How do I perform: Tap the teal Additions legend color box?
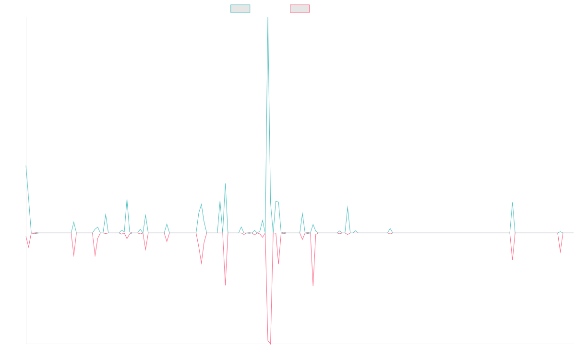pos(240,9)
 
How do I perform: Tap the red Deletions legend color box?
pos(300,9)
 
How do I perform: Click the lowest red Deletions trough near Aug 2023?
pos(270,344)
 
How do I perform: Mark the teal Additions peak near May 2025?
pos(512,202)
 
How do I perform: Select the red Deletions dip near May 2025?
pos(512,260)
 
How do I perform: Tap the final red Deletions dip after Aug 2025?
pos(560,252)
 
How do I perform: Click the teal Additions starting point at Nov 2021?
pos(26,166)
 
